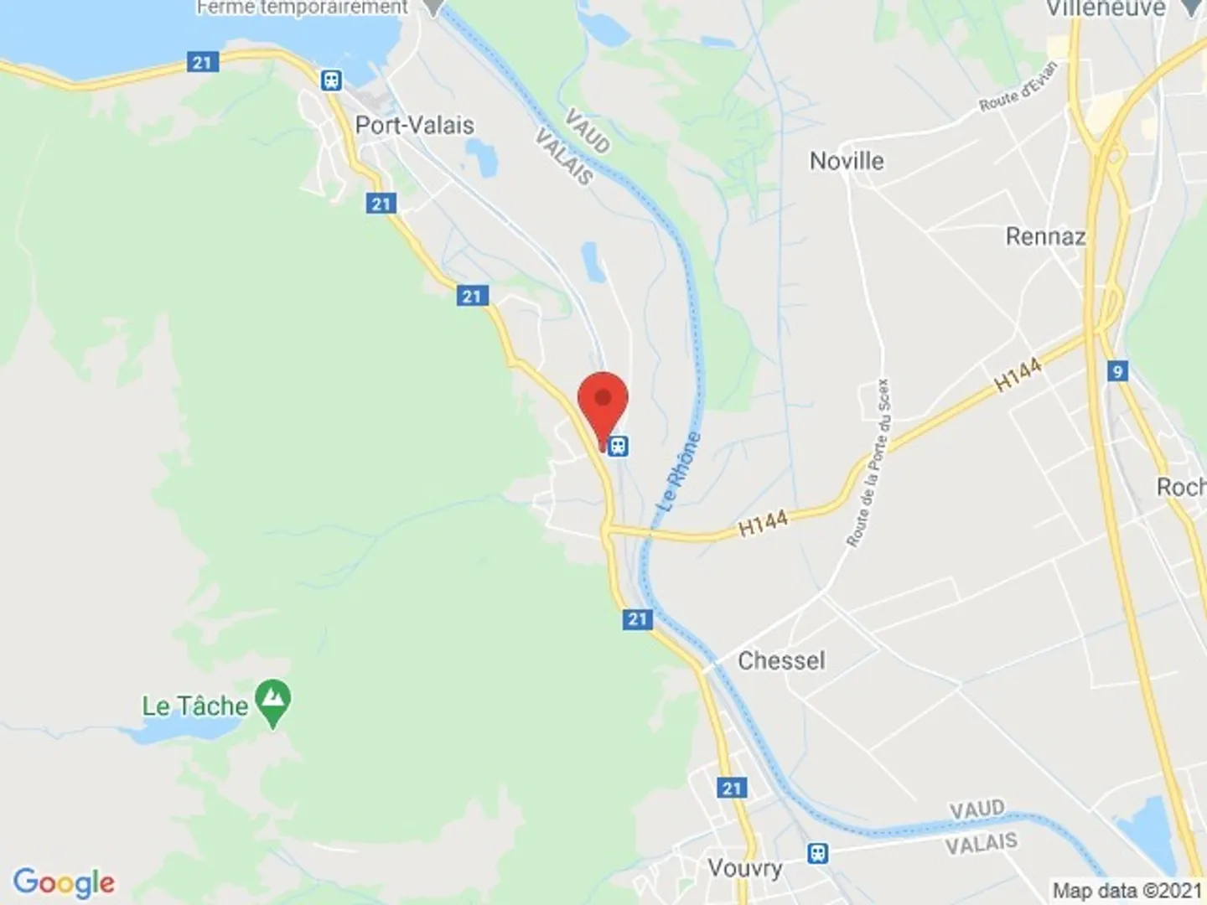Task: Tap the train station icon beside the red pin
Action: (619, 446)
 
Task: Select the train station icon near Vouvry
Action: (818, 853)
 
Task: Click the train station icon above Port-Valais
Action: (332, 80)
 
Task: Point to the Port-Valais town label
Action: (415, 126)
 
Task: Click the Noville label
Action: (847, 161)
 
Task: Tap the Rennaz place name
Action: (1045, 237)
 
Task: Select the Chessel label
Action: (781, 660)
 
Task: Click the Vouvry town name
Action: (744, 868)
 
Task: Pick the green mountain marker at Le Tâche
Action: (273, 702)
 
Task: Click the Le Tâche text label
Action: (194, 706)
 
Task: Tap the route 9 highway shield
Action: (1116, 371)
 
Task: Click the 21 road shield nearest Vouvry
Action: (732, 788)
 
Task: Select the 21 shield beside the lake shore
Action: (202, 63)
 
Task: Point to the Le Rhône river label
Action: (679, 471)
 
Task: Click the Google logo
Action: (64, 882)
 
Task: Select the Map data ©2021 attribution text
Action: (1127, 890)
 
